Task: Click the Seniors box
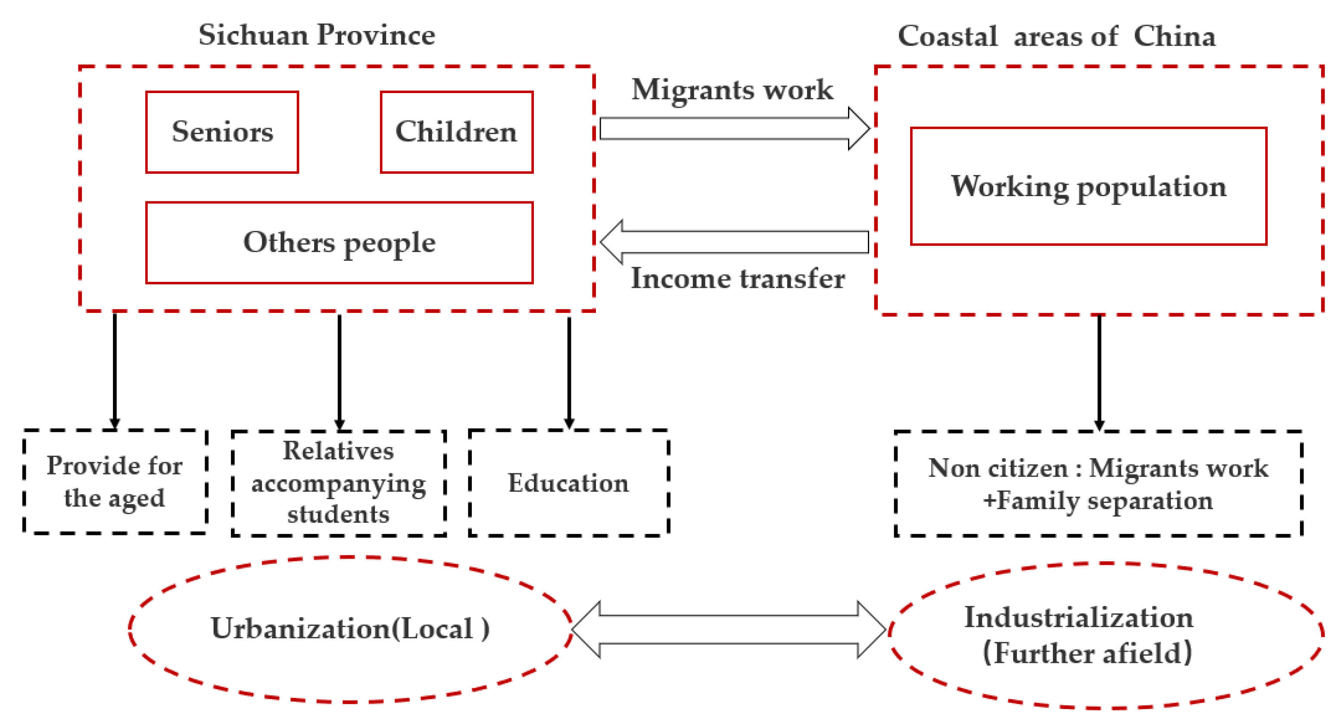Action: [222, 132]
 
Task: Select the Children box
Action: [456, 132]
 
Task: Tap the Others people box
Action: [339, 243]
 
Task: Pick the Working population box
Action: [1088, 186]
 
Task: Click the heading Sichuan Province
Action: [317, 35]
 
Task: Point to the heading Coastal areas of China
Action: [1057, 37]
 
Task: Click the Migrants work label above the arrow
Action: [733, 90]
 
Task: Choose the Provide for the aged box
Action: [115, 481]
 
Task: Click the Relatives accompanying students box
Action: [339, 483]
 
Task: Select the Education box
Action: [569, 483]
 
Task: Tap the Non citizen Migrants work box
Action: [1098, 484]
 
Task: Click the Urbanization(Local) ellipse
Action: [350, 629]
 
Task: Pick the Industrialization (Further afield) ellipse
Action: [1106, 635]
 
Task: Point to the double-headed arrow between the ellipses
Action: [729, 629]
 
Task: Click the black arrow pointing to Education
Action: [569, 371]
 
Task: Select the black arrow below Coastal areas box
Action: [1099, 372]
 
